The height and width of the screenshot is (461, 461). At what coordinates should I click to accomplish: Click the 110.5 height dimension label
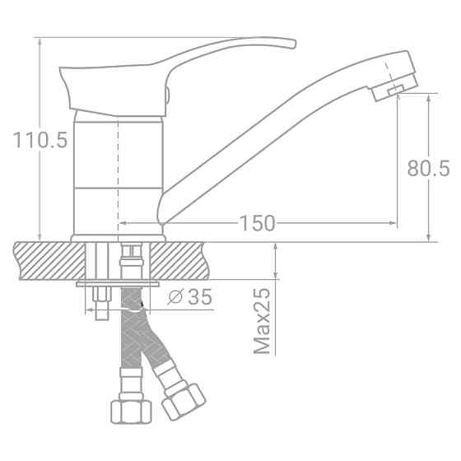coord(40,141)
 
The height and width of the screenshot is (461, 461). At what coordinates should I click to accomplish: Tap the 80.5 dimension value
coord(428,168)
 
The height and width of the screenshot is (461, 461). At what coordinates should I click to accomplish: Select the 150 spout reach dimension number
coord(257,223)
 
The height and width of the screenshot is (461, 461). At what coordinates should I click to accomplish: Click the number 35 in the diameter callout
coord(198,298)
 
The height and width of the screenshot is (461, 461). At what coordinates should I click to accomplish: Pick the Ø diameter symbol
coord(175,298)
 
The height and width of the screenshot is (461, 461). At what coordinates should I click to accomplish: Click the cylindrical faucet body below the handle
coord(119,173)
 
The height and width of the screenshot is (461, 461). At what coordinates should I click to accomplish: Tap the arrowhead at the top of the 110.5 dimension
coord(40,42)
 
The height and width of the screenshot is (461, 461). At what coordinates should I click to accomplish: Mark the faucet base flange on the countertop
coord(119,238)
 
